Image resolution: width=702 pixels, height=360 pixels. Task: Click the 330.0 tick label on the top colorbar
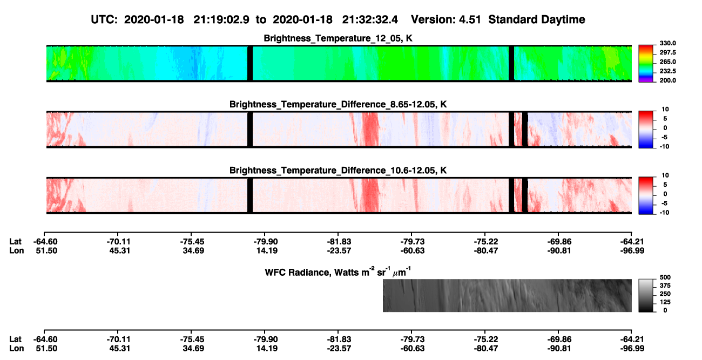click(x=667, y=43)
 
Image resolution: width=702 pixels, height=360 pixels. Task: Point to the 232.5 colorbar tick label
click(x=667, y=71)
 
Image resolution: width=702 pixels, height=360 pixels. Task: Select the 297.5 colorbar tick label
click(x=667, y=53)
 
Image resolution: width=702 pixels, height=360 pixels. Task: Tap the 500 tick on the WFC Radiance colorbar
click(x=665, y=277)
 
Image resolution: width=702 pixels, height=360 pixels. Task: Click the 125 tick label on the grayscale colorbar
click(x=665, y=302)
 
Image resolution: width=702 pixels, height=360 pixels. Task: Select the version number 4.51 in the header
click(x=469, y=20)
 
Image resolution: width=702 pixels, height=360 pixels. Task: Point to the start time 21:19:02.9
click(x=221, y=20)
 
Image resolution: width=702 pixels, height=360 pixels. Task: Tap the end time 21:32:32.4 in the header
click(x=370, y=20)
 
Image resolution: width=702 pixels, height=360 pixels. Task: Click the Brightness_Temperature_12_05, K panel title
click(x=338, y=38)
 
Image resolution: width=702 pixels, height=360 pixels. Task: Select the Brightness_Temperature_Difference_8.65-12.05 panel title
click(x=338, y=104)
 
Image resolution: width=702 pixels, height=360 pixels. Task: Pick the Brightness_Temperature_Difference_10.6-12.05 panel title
click(x=338, y=171)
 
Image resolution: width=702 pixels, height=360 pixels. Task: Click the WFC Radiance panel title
click(x=338, y=272)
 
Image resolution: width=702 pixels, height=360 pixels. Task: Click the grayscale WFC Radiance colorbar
click(x=646, y=295)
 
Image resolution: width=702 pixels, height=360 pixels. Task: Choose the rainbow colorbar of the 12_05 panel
click(x=646, y=64)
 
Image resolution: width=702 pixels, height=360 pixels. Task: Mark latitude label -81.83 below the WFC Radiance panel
click(x=339, y=339)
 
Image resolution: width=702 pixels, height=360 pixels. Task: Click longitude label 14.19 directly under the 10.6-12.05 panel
click(x=267, y=250)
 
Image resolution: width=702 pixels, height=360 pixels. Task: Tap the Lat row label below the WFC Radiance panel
click(x=15, y=339)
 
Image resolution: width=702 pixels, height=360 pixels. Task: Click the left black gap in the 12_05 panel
click(x=250, y=64)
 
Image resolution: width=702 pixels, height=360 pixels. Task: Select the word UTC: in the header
click(x=104, y=20)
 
